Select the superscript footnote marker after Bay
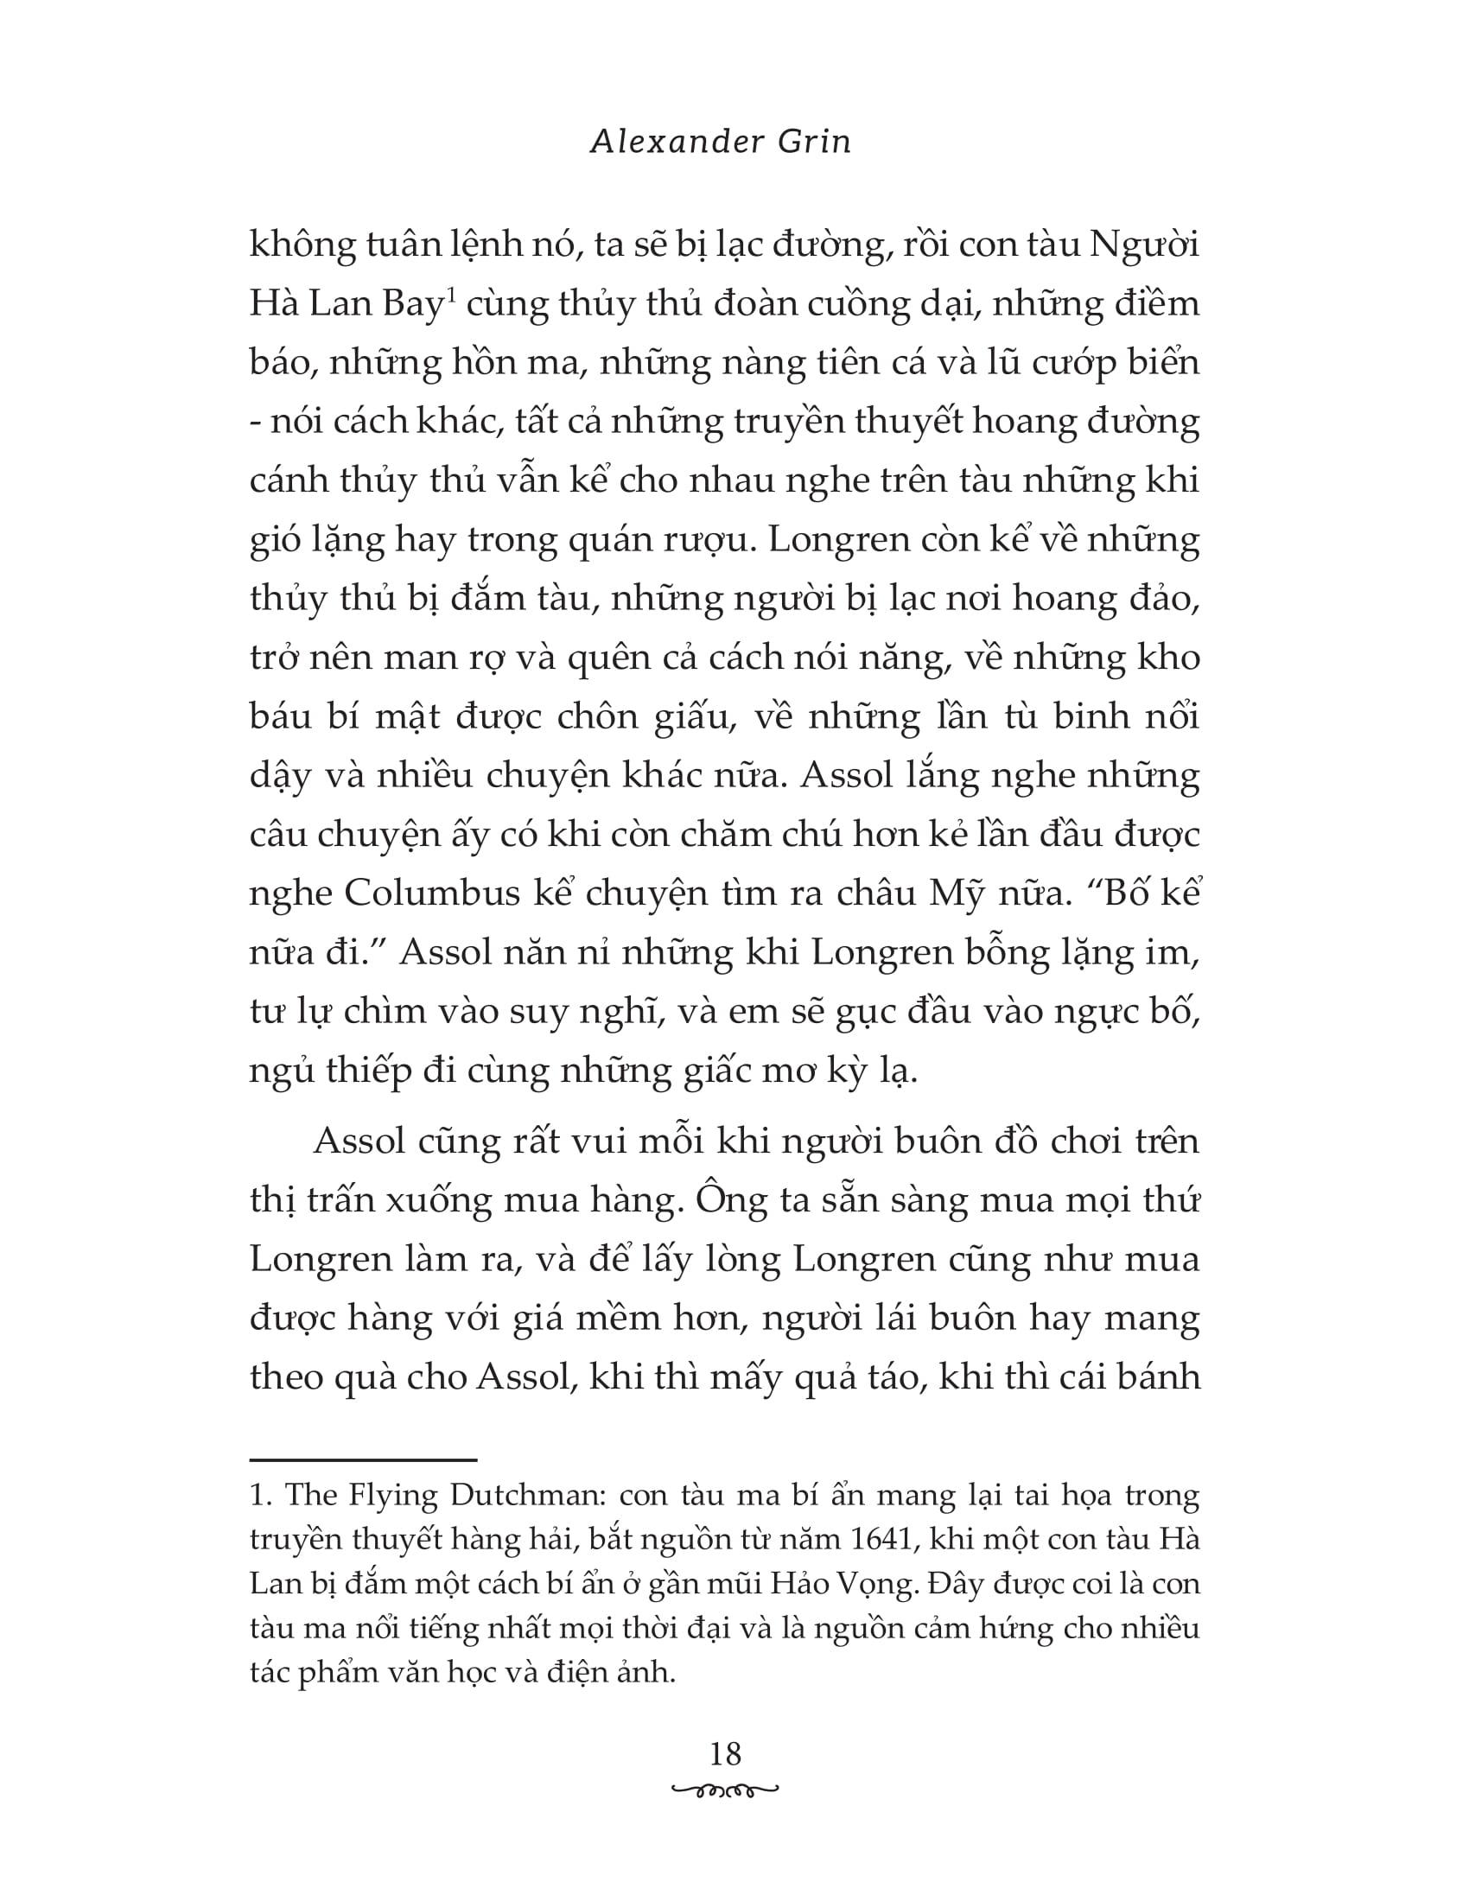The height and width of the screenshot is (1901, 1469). [451, 296]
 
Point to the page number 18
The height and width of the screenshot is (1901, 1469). [725, 1753]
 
